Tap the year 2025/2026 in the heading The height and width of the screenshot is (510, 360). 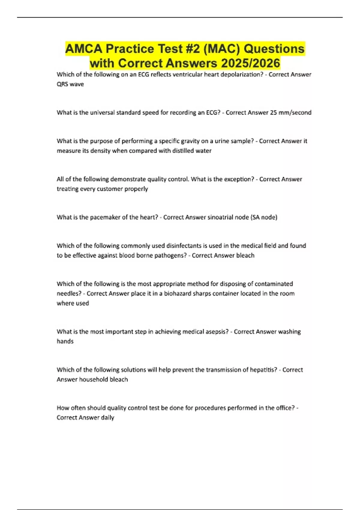[250, 63]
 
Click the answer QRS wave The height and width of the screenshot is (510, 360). [70, 84]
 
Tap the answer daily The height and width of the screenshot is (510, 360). [107, 418]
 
